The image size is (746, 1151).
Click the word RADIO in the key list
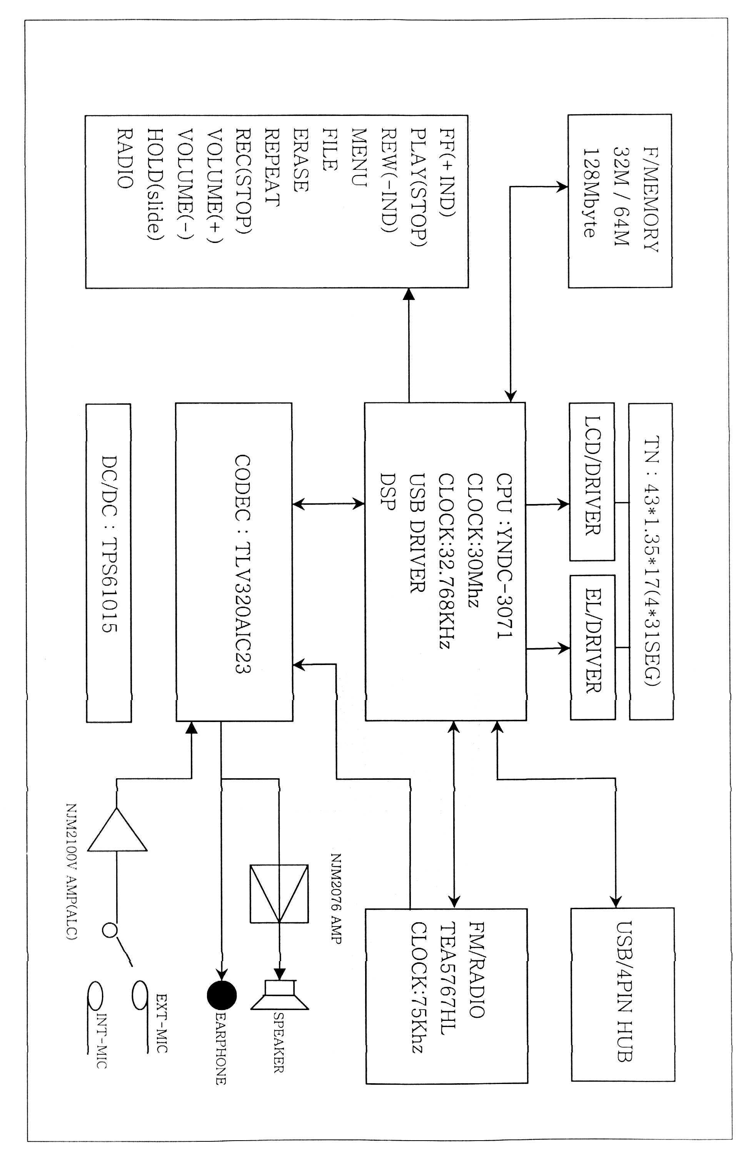pos(125,158)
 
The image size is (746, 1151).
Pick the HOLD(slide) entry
pos(154,185)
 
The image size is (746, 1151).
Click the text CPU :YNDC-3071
pos(504,548)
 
